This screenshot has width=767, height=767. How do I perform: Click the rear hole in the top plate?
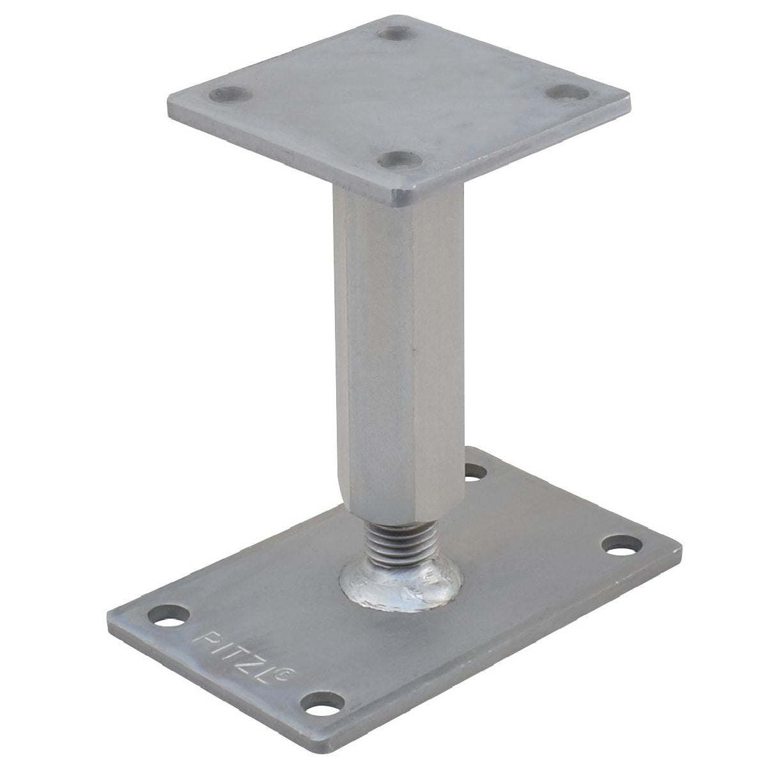(396, 33)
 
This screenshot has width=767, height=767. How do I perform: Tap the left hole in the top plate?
(231, 95)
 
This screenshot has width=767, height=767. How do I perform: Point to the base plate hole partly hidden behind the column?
(476, 472)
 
